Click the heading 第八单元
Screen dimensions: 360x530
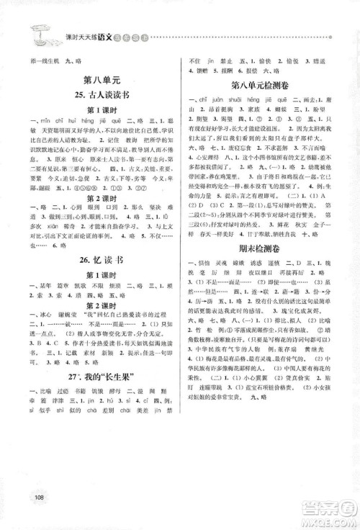click(99, 81)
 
